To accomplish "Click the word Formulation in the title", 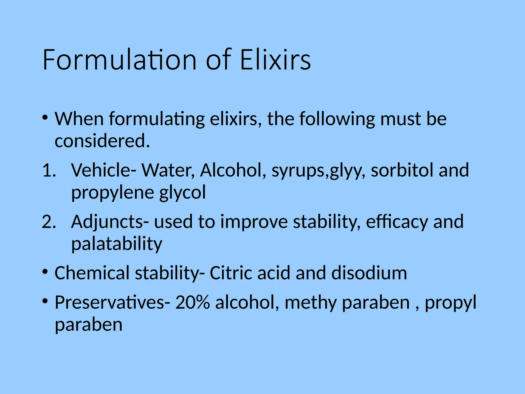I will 119,60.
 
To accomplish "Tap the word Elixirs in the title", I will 276,60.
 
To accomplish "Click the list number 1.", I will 49,170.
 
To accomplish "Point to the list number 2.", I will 49,222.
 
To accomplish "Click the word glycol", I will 182,193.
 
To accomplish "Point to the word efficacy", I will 397,222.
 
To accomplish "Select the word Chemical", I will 92,273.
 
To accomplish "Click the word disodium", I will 369,273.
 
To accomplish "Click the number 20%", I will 193,303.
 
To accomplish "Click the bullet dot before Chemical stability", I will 45,272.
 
